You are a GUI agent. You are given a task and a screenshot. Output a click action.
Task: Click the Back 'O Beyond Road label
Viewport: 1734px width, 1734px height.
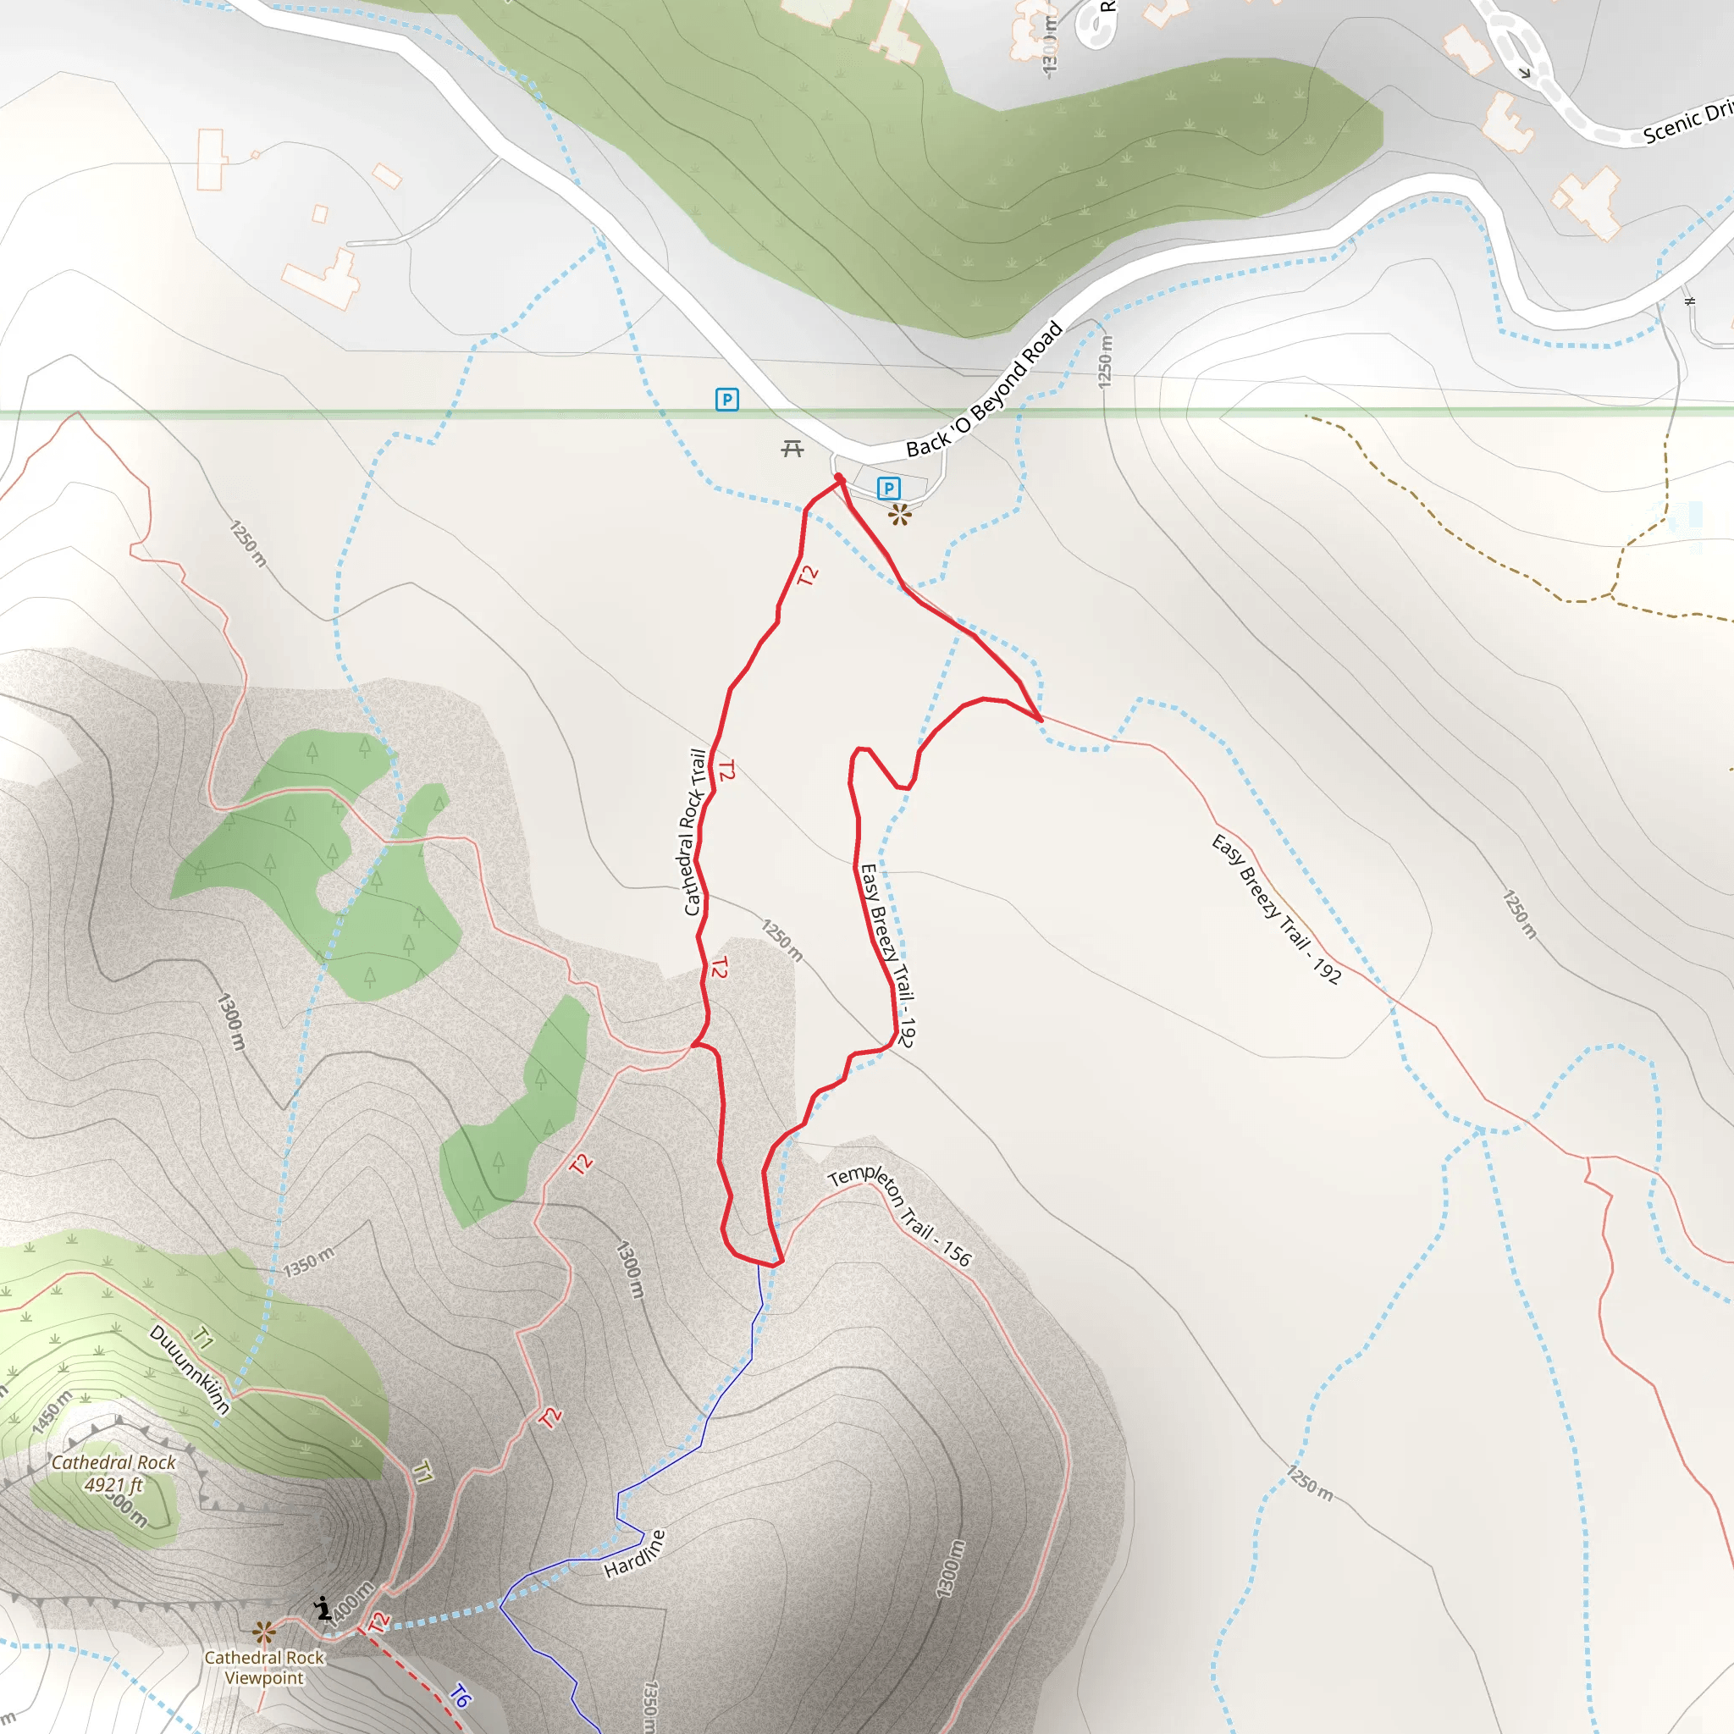(x=984, y=390)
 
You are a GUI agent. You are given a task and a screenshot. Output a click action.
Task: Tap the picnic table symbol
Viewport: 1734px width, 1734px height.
(x=792, y=448)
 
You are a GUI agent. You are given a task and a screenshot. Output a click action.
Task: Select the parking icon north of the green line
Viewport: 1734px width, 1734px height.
(x=727, y=400)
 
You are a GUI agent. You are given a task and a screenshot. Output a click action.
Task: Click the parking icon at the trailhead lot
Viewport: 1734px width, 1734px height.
(x=888, y=489)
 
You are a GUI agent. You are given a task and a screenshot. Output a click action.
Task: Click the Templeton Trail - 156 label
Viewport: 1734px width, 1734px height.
(x=899, y=1216)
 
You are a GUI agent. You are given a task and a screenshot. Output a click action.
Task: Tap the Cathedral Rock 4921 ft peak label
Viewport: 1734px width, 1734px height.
(x=114, y=1473)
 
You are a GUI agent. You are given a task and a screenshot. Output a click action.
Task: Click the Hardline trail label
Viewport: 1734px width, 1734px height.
(x=636, y=1554)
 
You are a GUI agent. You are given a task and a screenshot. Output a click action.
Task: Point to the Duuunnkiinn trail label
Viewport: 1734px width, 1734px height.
(x=190, y=1370)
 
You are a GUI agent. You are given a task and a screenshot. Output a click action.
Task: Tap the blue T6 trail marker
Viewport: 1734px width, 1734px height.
(x=460, y=1695)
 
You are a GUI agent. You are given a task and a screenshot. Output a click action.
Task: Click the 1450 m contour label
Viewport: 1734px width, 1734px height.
(x=51, y=1414)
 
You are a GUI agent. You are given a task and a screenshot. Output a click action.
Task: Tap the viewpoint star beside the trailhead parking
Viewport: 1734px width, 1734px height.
(x=899, y=514)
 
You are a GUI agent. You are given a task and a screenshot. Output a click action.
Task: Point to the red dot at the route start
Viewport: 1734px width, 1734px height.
(x=838, y=478)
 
